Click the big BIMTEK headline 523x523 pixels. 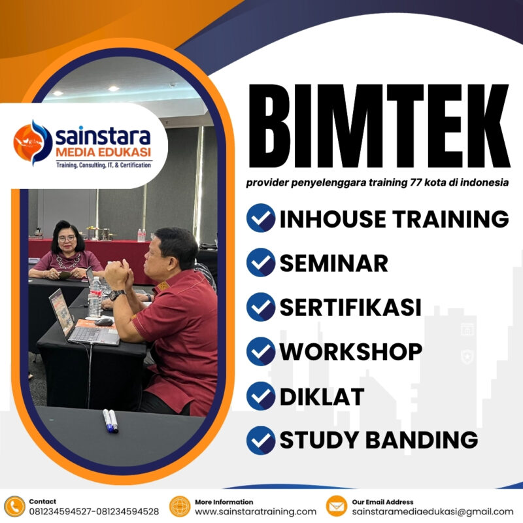click(x=377, y=127)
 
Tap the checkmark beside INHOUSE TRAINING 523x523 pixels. click(x=260, y=218)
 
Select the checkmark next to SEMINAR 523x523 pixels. click(x=260, y=262)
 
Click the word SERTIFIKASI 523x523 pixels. click(x=350, y=307)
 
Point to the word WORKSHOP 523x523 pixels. click(x=350, y=351)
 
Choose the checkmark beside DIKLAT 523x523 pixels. click(x=260, y=396)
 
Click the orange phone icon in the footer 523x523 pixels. click(x=14, y=506)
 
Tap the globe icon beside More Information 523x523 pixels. click(x=180, y=506)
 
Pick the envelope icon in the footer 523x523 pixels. click(x=337, y=506)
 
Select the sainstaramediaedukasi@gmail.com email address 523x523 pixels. click(x=432, y=511)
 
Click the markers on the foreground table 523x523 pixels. click(x=110, y=420)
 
